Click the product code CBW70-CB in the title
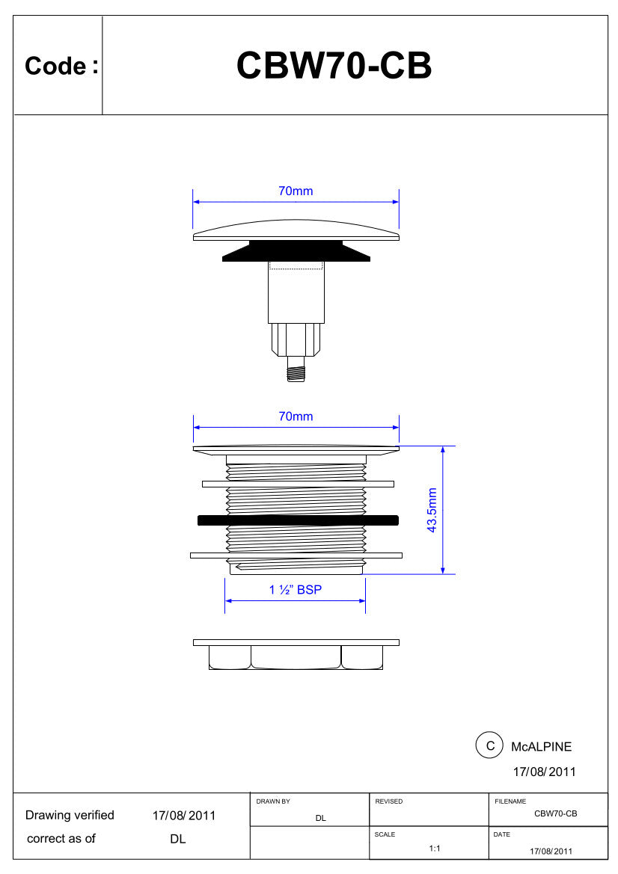(x=334, y=66)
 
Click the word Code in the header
(x=55, y=66)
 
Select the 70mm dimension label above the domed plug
(x=296, y=191)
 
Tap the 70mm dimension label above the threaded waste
(x=296, y=416)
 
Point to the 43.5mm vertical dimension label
(x=432, y=510)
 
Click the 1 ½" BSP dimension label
(x=296, y=590)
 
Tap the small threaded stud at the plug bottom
(x=296, y=370)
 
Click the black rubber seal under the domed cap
(x=296, y=250)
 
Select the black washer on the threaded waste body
(x=298, y=520)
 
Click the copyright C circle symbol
(x=490, y=746)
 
